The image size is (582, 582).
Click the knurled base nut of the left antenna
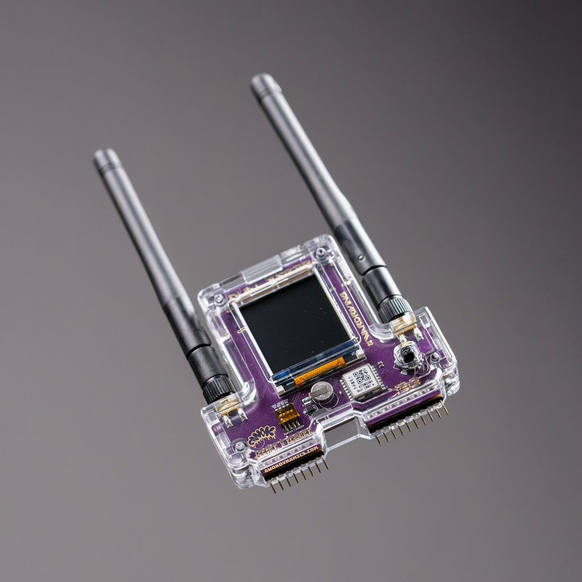tap(218, 389)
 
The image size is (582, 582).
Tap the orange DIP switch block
tap(287, 413)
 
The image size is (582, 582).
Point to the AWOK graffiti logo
tap(262, 436)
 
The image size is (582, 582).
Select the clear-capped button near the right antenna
tap(408, 356)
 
